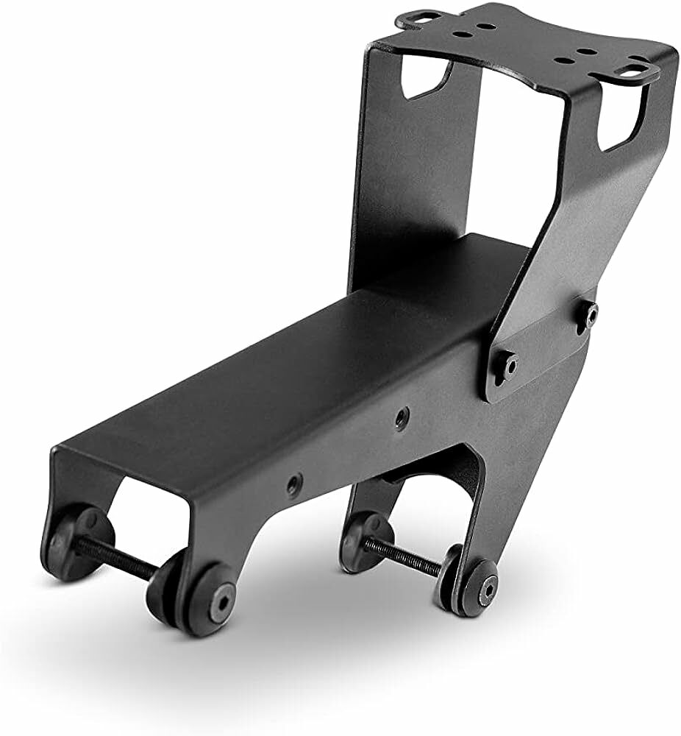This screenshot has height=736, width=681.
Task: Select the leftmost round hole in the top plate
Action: coord(462,33)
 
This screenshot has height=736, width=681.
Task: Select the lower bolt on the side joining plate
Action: coord(509,363)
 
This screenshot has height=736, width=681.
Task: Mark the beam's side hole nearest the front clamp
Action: coord(295,484)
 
